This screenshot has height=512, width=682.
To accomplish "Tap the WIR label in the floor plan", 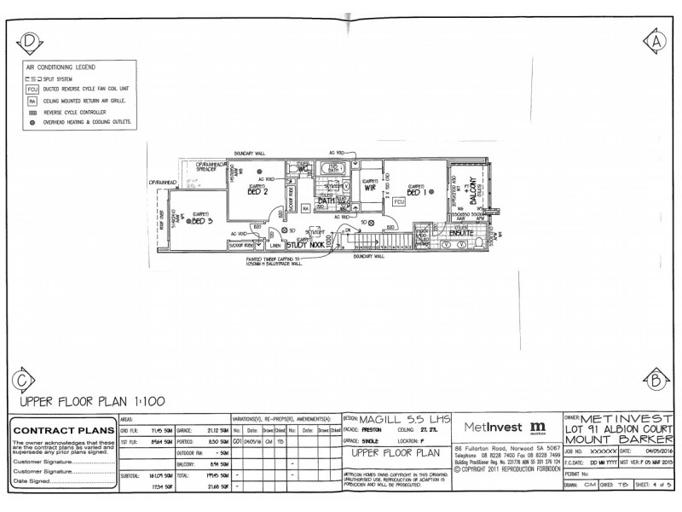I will (370, 191).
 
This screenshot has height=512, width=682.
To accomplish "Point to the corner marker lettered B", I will (654, 379).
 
